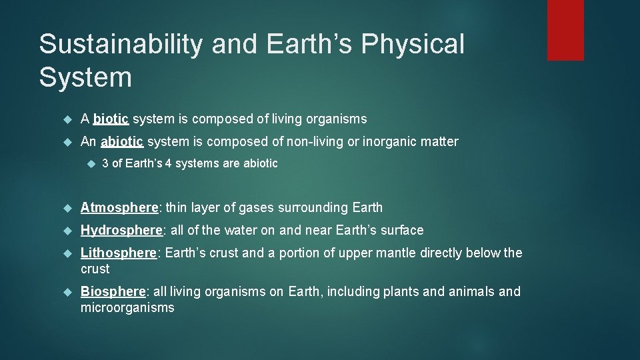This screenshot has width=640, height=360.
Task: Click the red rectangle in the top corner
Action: pyautogui.click(x=565, y=30)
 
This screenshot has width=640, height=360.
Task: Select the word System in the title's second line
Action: pyautogui.click(x=85, y=77)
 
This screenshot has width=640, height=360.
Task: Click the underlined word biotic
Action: pyautogui.click(x=111, y=119)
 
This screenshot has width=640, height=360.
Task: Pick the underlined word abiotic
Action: pyautogui.click(x=122, y=141)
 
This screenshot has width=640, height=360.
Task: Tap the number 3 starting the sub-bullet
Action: pyautogui.click(x=105, y=163)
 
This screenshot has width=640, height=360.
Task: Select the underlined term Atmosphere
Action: pyautogui.click(x=119, y=207)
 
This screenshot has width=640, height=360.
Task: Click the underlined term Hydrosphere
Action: pyautogui.click(x=121, y=230)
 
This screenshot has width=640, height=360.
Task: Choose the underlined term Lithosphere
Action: pyautogui.click(x=119, y=253)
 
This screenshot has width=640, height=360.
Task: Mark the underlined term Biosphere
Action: pyautogui.click(x=113, y=291)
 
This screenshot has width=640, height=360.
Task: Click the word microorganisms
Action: pyautogui.click(x=127, y=307)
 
